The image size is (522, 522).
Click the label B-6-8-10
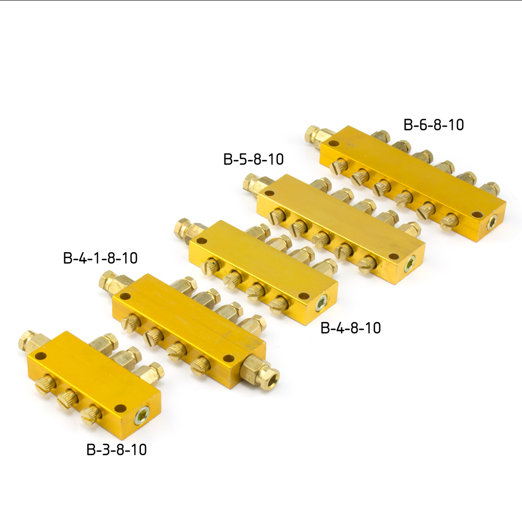click(433, 125)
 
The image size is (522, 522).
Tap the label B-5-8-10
click(253, 159)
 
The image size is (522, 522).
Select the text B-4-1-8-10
click(100, 258)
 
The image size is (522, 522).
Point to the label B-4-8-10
click(351, 328)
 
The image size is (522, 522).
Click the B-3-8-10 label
click(116, 449)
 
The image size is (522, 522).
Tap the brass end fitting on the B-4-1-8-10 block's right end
click(259, 369)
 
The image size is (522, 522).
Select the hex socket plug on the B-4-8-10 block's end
click(321, 304)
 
